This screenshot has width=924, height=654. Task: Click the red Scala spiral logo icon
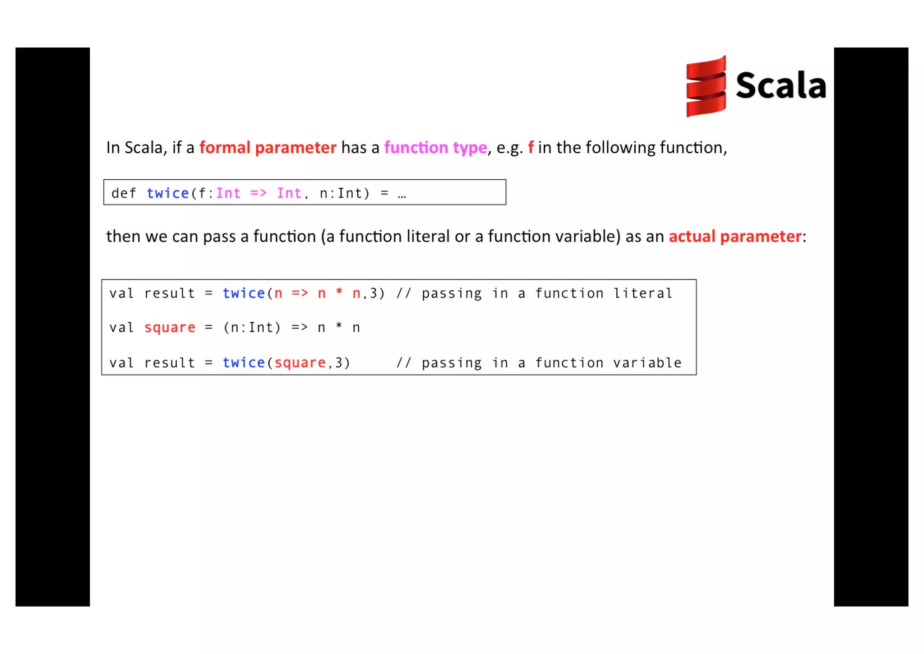tap(706, 86)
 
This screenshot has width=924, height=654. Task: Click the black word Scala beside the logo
tap(781, 85)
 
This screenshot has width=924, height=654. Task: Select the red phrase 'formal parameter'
tap(268, 148)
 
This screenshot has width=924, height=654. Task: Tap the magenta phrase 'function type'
tap(435, 148)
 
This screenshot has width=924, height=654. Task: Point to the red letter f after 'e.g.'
tap(531, 147)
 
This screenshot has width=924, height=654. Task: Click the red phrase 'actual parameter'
tap(735, 236)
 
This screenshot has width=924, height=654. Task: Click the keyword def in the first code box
tap(123, 193)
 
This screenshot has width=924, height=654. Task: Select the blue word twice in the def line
tap(167, 193)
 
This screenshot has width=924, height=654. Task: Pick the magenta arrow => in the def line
tap(259, 193)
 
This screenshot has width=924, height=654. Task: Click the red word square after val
tap(170, 327)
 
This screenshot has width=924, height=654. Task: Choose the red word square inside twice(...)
tap(300, 363)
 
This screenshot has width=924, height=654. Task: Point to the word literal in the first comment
tap(642, 294)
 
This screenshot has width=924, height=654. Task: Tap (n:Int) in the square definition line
tap(252, 327)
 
